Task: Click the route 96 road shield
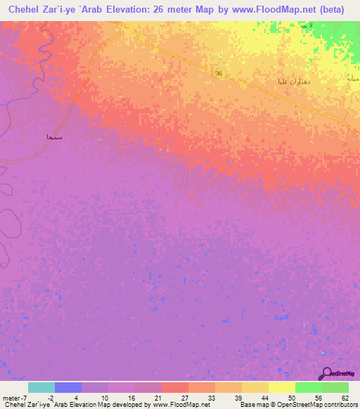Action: click(219, 73)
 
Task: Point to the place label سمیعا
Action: click(53, 137)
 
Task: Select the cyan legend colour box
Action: click(41, 387)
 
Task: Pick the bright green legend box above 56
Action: click(308, 387)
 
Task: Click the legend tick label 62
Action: click(344, 397)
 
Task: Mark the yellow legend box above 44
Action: click(255, 387)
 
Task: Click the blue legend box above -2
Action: click(67, 387)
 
